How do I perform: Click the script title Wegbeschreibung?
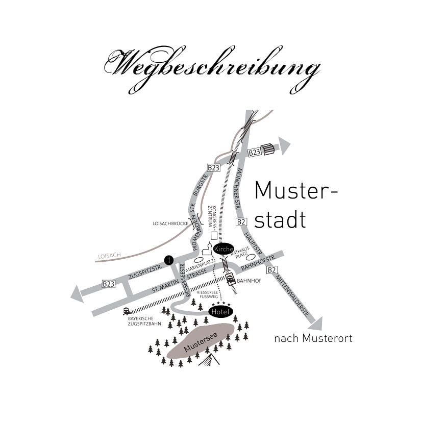(212, 69)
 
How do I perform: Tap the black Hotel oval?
(220, 312)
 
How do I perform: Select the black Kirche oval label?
(224, 249)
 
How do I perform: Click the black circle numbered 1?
(169, 260)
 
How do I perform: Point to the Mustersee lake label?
(201, 342)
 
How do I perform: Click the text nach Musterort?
(313, 338)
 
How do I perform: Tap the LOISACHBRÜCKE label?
(170, 224)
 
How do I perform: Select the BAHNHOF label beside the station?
(249, 281)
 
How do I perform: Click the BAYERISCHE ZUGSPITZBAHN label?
(144, 321)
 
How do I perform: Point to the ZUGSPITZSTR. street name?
(145, 272)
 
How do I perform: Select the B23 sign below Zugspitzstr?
(109, 284)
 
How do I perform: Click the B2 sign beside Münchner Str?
(241, 222)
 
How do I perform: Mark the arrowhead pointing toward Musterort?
(316, 325)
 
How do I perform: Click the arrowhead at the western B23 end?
(77, 294)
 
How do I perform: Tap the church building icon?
(208, 249)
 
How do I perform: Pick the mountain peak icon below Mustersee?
(209, 360)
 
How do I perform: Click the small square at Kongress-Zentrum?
(214, 236)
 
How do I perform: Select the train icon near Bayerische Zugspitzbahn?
(127, 311)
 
